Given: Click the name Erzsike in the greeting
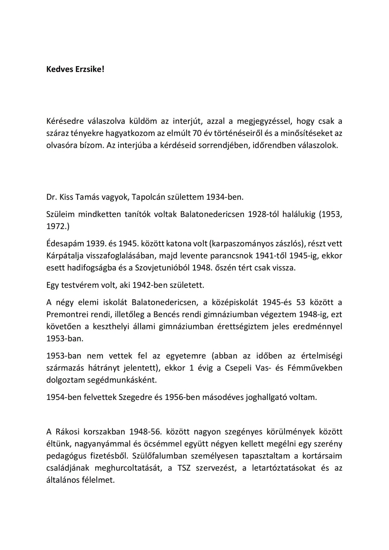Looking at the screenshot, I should (x=90, y=70).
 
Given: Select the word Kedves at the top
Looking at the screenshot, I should (x=59, y=70).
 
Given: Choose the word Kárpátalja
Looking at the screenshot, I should (x=65, y=256).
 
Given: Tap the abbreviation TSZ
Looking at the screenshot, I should (x=185, y=468).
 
